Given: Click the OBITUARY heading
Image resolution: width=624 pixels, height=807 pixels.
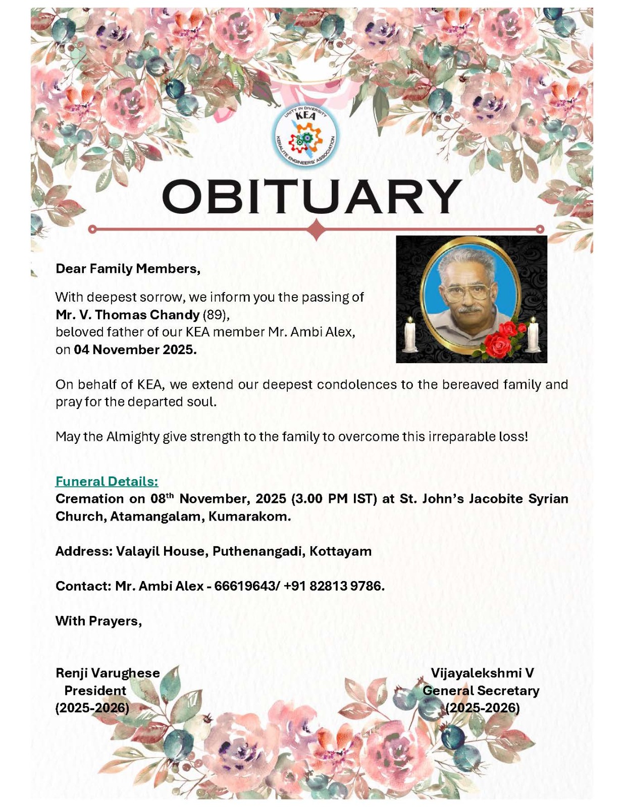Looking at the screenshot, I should click(x=311, y=197).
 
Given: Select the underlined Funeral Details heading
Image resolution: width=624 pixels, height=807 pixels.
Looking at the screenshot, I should click(x=107, y=481).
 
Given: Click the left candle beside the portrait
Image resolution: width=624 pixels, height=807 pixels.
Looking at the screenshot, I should click(x=410, y=335).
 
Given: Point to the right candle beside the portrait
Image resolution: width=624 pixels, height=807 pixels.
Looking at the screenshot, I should click(x=533, y=335).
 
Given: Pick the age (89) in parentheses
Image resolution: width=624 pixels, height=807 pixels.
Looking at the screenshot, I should click(x=216, y=315).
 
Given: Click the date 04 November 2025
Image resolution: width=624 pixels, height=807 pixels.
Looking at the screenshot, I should click(x=135, y=350).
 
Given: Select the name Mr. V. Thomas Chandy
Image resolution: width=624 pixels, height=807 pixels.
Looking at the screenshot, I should click(x=128, y=315).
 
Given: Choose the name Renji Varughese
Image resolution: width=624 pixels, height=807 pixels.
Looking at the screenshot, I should click(x=108, y=673).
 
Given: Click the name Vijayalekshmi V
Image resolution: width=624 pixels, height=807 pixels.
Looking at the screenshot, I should click(x=482, y=673).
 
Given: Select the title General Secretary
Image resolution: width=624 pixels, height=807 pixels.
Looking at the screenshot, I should click(x=481, y=690).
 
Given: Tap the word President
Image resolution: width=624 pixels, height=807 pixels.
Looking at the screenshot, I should click(x=95, y=690).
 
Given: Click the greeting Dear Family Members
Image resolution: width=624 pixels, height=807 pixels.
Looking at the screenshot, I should click(x=128, y=269).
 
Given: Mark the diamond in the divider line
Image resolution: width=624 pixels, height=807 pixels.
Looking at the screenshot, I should click(x=317, y=229).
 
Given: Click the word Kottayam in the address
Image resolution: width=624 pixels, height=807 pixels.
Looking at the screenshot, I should click(x=341, y=551).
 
